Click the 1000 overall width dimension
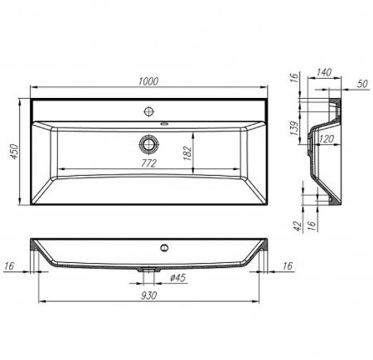point(149,80)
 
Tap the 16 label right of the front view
point(288,265)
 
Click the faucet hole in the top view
point(150,109)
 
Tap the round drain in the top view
point(150,142)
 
